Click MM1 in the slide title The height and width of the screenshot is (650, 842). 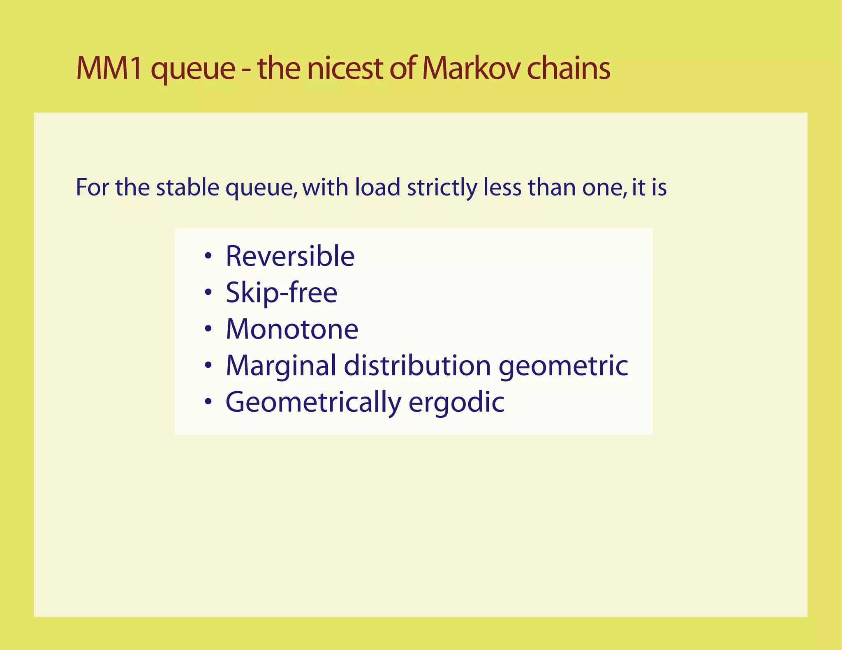(109, 68)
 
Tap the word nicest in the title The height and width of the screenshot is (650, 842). (345, 68)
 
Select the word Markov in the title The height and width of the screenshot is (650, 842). (470, 68)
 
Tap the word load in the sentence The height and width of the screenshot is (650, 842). (377, 187)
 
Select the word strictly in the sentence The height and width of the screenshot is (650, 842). (442, 188)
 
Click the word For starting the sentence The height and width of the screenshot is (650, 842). (92, 187)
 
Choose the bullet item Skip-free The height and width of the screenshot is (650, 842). (282, 293)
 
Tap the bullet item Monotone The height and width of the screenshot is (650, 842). (292, 330)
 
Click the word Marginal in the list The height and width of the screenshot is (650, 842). (281, 366)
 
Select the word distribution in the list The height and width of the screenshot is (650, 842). (417, 365)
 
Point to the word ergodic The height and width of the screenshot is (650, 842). (456, 402)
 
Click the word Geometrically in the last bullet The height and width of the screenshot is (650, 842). (313, 403)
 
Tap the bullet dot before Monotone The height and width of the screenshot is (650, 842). (208, 329)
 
